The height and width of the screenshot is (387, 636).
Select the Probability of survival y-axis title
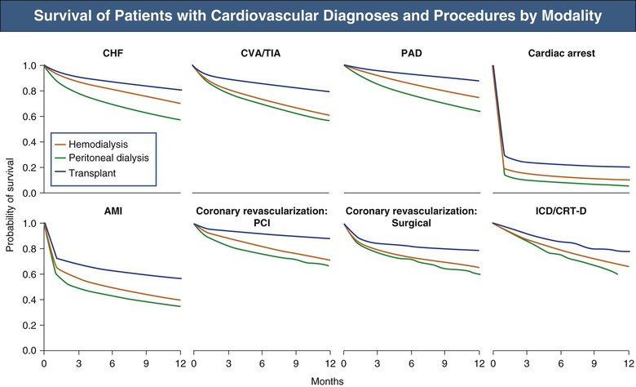(x=10, y=208)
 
